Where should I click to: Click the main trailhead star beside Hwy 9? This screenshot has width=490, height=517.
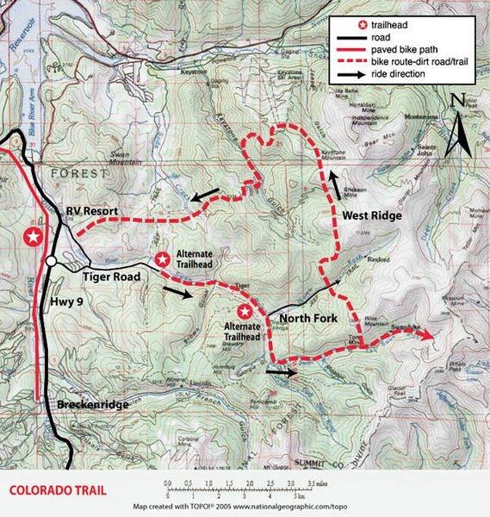click(x=34, y=236)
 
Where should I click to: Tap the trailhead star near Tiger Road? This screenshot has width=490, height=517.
click(x=162, y=258)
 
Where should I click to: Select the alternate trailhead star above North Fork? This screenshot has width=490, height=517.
click(x=245, y=311)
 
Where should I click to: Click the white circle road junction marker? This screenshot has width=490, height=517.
click(x=53, y=259)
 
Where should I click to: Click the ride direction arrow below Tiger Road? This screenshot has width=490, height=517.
click(x=172, y=292)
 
